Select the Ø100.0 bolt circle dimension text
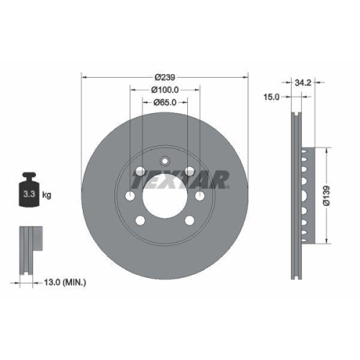(165, 89)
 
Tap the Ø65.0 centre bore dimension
(165, 103)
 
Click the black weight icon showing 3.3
(30, 192)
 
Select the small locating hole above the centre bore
(165, 161)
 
